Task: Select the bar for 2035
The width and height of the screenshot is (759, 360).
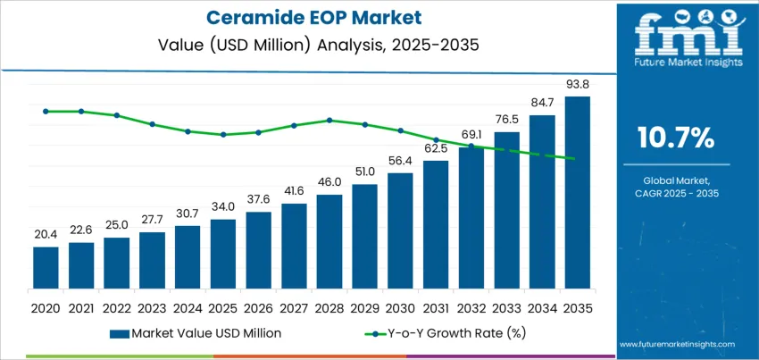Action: coord(578,188)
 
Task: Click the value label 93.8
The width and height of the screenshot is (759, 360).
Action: coord(578,85)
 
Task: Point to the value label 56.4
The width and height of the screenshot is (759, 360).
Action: coord(400,162)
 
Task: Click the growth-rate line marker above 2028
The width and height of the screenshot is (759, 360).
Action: coord(329,120)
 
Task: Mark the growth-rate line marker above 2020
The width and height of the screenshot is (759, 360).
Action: coord(46,111)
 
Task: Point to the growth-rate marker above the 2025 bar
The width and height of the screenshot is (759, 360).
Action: coord(223,135)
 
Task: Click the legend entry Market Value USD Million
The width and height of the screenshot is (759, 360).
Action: coord(196,332)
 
